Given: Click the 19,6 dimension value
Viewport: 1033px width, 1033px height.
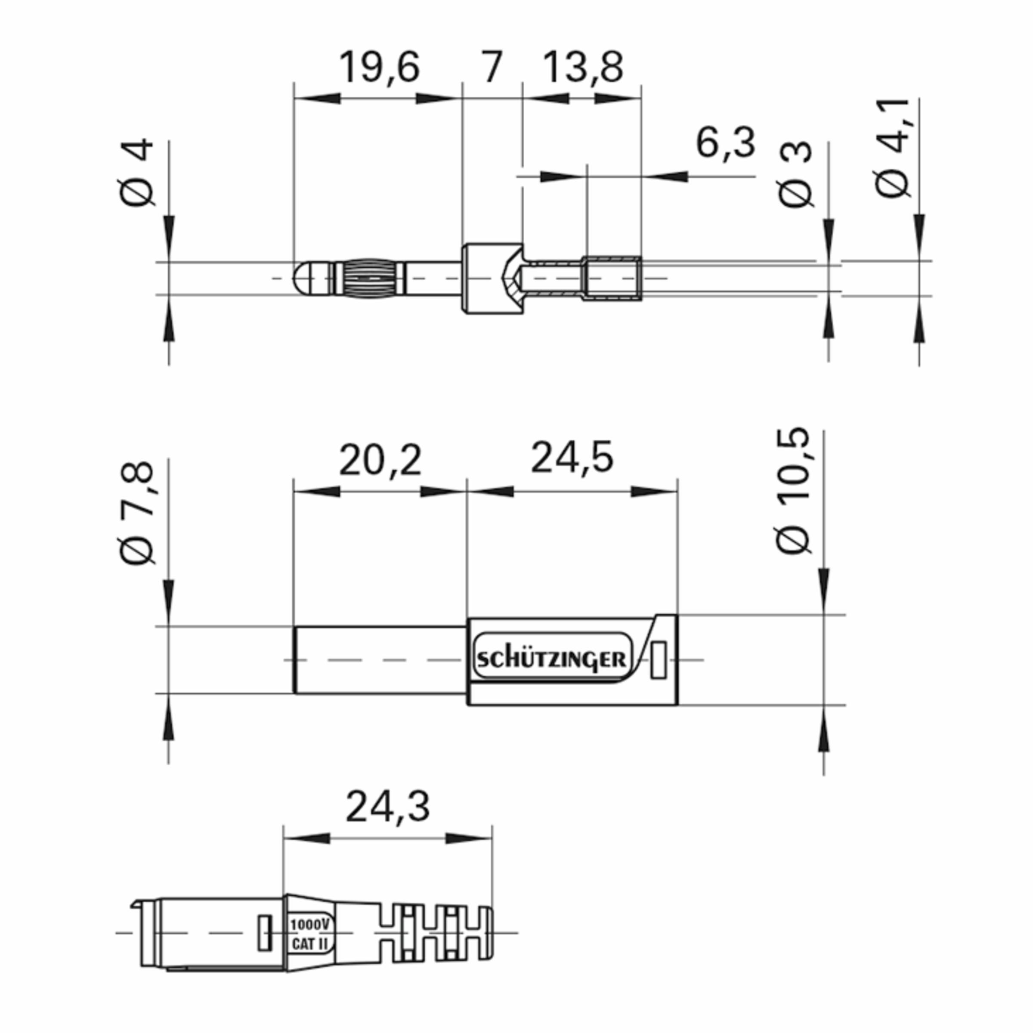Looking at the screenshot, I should coord(379,68).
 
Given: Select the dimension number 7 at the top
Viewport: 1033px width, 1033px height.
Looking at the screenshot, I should coord(492,68).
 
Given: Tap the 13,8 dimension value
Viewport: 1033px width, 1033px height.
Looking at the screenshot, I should coord(583,68).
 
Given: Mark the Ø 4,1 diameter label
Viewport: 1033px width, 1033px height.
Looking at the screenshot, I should coord(892,148).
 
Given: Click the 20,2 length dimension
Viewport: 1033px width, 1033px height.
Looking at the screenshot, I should coord(380,460).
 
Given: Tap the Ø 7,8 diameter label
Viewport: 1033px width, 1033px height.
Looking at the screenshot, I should coord(137,513).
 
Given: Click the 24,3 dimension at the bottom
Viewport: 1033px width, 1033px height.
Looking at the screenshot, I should coord(388,808).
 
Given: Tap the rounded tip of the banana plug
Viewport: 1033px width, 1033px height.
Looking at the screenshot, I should coord(302,278).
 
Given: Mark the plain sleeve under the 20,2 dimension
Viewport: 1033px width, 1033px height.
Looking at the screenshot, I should coord(380,660).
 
